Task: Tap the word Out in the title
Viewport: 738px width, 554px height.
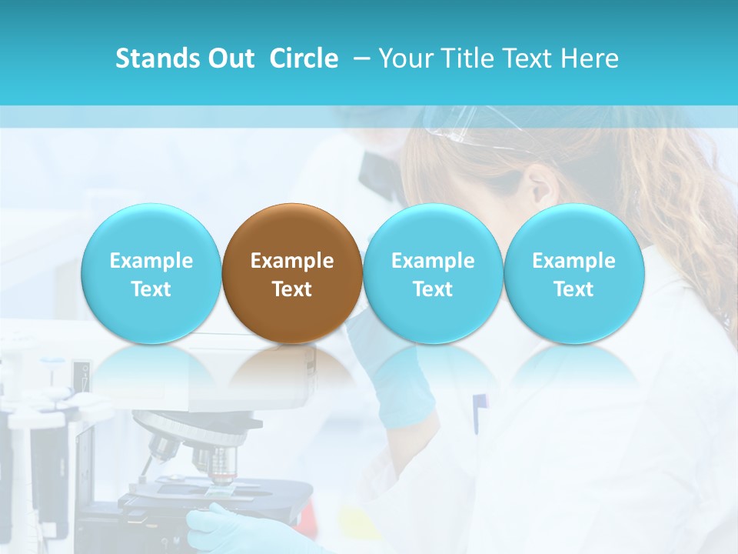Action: click(x=231, y=58)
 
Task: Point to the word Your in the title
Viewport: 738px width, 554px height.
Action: click(x=406, y=58)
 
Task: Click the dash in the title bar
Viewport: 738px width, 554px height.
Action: click(x=359, y=59)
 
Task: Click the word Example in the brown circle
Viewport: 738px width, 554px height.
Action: click(x=292, y=261)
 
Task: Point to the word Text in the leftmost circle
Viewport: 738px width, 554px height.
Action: click(x=151, y=289)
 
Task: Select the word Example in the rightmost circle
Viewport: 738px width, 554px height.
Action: click(x=574, y=261)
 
